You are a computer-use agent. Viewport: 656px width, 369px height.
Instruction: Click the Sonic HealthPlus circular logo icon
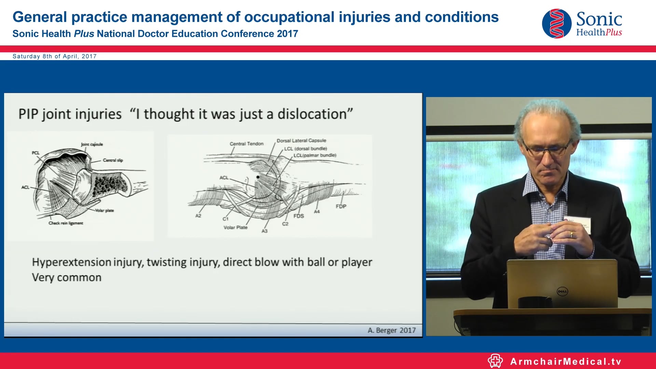coord(557,24)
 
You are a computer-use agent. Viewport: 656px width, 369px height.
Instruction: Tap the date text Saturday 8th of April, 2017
coord(55,56)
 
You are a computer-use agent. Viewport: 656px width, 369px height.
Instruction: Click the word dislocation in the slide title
coord(312,114)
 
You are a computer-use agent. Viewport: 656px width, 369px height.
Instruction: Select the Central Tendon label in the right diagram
coord(246,144)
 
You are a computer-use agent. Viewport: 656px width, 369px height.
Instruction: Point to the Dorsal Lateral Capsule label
coord(301,140)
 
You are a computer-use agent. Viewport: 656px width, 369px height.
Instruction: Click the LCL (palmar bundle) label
coord(315,155)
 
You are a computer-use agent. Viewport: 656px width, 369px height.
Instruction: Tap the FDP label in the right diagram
coord(341,206)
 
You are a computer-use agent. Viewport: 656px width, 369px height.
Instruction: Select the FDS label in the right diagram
coord(299,216)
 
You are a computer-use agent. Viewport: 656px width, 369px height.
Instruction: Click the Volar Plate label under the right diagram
coord(235,228)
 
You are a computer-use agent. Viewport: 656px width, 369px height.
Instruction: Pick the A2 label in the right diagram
coord(198,216)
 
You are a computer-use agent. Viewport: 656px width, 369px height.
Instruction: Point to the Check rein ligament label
coord(66,223)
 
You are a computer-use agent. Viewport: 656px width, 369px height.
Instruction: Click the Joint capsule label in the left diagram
coord(92,144)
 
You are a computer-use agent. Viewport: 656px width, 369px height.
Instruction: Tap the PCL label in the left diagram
coord(36,153)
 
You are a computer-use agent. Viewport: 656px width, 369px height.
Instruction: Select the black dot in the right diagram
coord(258,177)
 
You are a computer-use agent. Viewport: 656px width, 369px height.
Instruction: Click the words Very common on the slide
coord(67,277)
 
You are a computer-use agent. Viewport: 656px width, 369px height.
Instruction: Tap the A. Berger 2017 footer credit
coord(392,330)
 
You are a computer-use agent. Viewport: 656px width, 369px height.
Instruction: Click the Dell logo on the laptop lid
coord(562,291)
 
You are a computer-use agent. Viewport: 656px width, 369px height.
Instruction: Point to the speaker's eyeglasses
coord(547,151)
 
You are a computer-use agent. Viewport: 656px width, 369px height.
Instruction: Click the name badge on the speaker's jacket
coord(580,225)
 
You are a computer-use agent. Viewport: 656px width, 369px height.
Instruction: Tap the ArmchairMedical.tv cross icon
coord(495,361)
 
